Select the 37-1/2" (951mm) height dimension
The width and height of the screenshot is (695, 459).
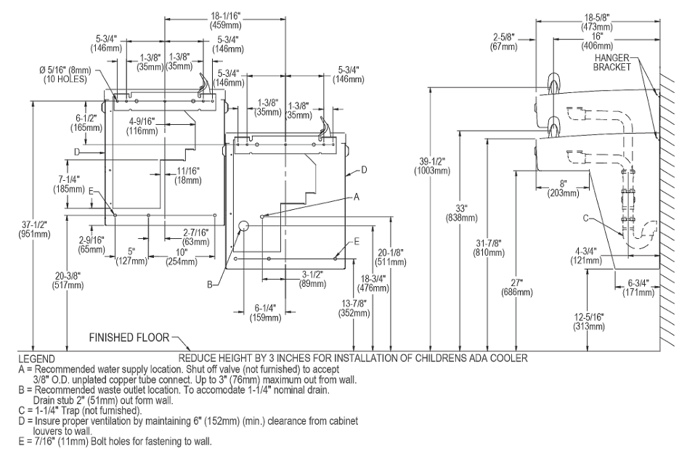click(x=34, y=229)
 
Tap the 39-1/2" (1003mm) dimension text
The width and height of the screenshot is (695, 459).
click(x=432, y=166)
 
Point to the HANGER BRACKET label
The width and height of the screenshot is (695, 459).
click(x=611, y=62)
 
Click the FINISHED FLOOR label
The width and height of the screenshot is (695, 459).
click(x=129, y=338)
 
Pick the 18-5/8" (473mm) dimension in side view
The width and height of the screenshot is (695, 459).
click(x=597, y=23)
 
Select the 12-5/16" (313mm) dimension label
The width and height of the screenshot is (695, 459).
click(x=589, y=322)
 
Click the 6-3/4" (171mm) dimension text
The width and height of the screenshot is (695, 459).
click(x=638, y=288)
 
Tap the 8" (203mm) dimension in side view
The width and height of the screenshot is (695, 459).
click(x=563, y=188)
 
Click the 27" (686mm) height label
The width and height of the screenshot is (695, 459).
click(x=516, y=287)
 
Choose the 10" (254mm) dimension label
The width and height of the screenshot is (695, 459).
click(x=182, y=257)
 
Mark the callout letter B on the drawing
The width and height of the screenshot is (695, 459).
click(x=210, y=285)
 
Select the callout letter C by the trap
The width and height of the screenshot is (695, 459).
click(x=585, y=218)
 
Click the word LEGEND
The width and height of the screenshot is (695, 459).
click(x=37, y=359)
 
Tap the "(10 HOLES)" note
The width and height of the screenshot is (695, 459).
click(x=65, y=79)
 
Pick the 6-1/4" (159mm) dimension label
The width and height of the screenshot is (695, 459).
click(x=265, y=313)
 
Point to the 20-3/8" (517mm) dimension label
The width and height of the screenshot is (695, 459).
click(x=68, y=280)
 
